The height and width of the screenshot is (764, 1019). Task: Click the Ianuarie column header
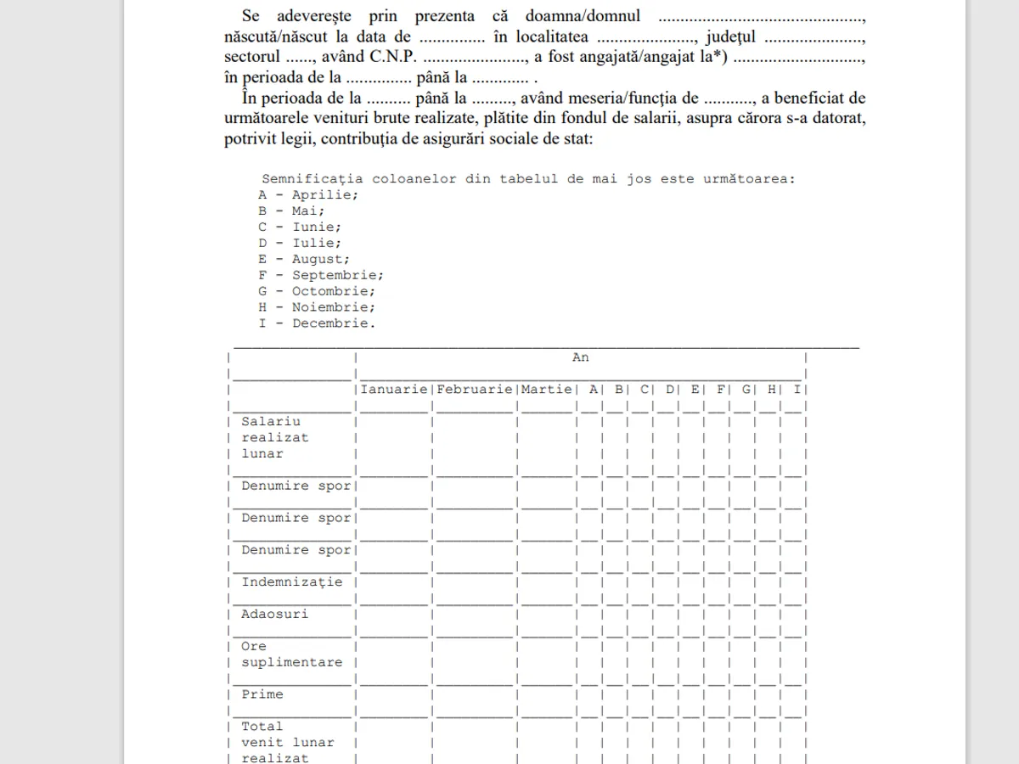click(394, 390)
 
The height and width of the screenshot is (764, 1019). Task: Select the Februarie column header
click(475, 390)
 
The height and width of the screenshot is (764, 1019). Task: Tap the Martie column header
click(546, 390)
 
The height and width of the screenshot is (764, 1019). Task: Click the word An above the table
click(580, 357)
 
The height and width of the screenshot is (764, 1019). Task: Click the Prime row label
click(262, 694)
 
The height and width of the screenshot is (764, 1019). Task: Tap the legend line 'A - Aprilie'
click(308, 195)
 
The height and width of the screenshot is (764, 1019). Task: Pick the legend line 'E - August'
click(304, 260)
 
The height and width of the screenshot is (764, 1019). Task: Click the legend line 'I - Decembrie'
click(317, 323)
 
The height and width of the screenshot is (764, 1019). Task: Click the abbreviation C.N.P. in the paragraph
click(393, 58)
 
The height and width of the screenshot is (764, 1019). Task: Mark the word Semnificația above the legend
click(312, 179)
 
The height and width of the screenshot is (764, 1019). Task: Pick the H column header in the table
click(772, 390)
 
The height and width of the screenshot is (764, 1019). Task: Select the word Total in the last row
click(262, 727)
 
